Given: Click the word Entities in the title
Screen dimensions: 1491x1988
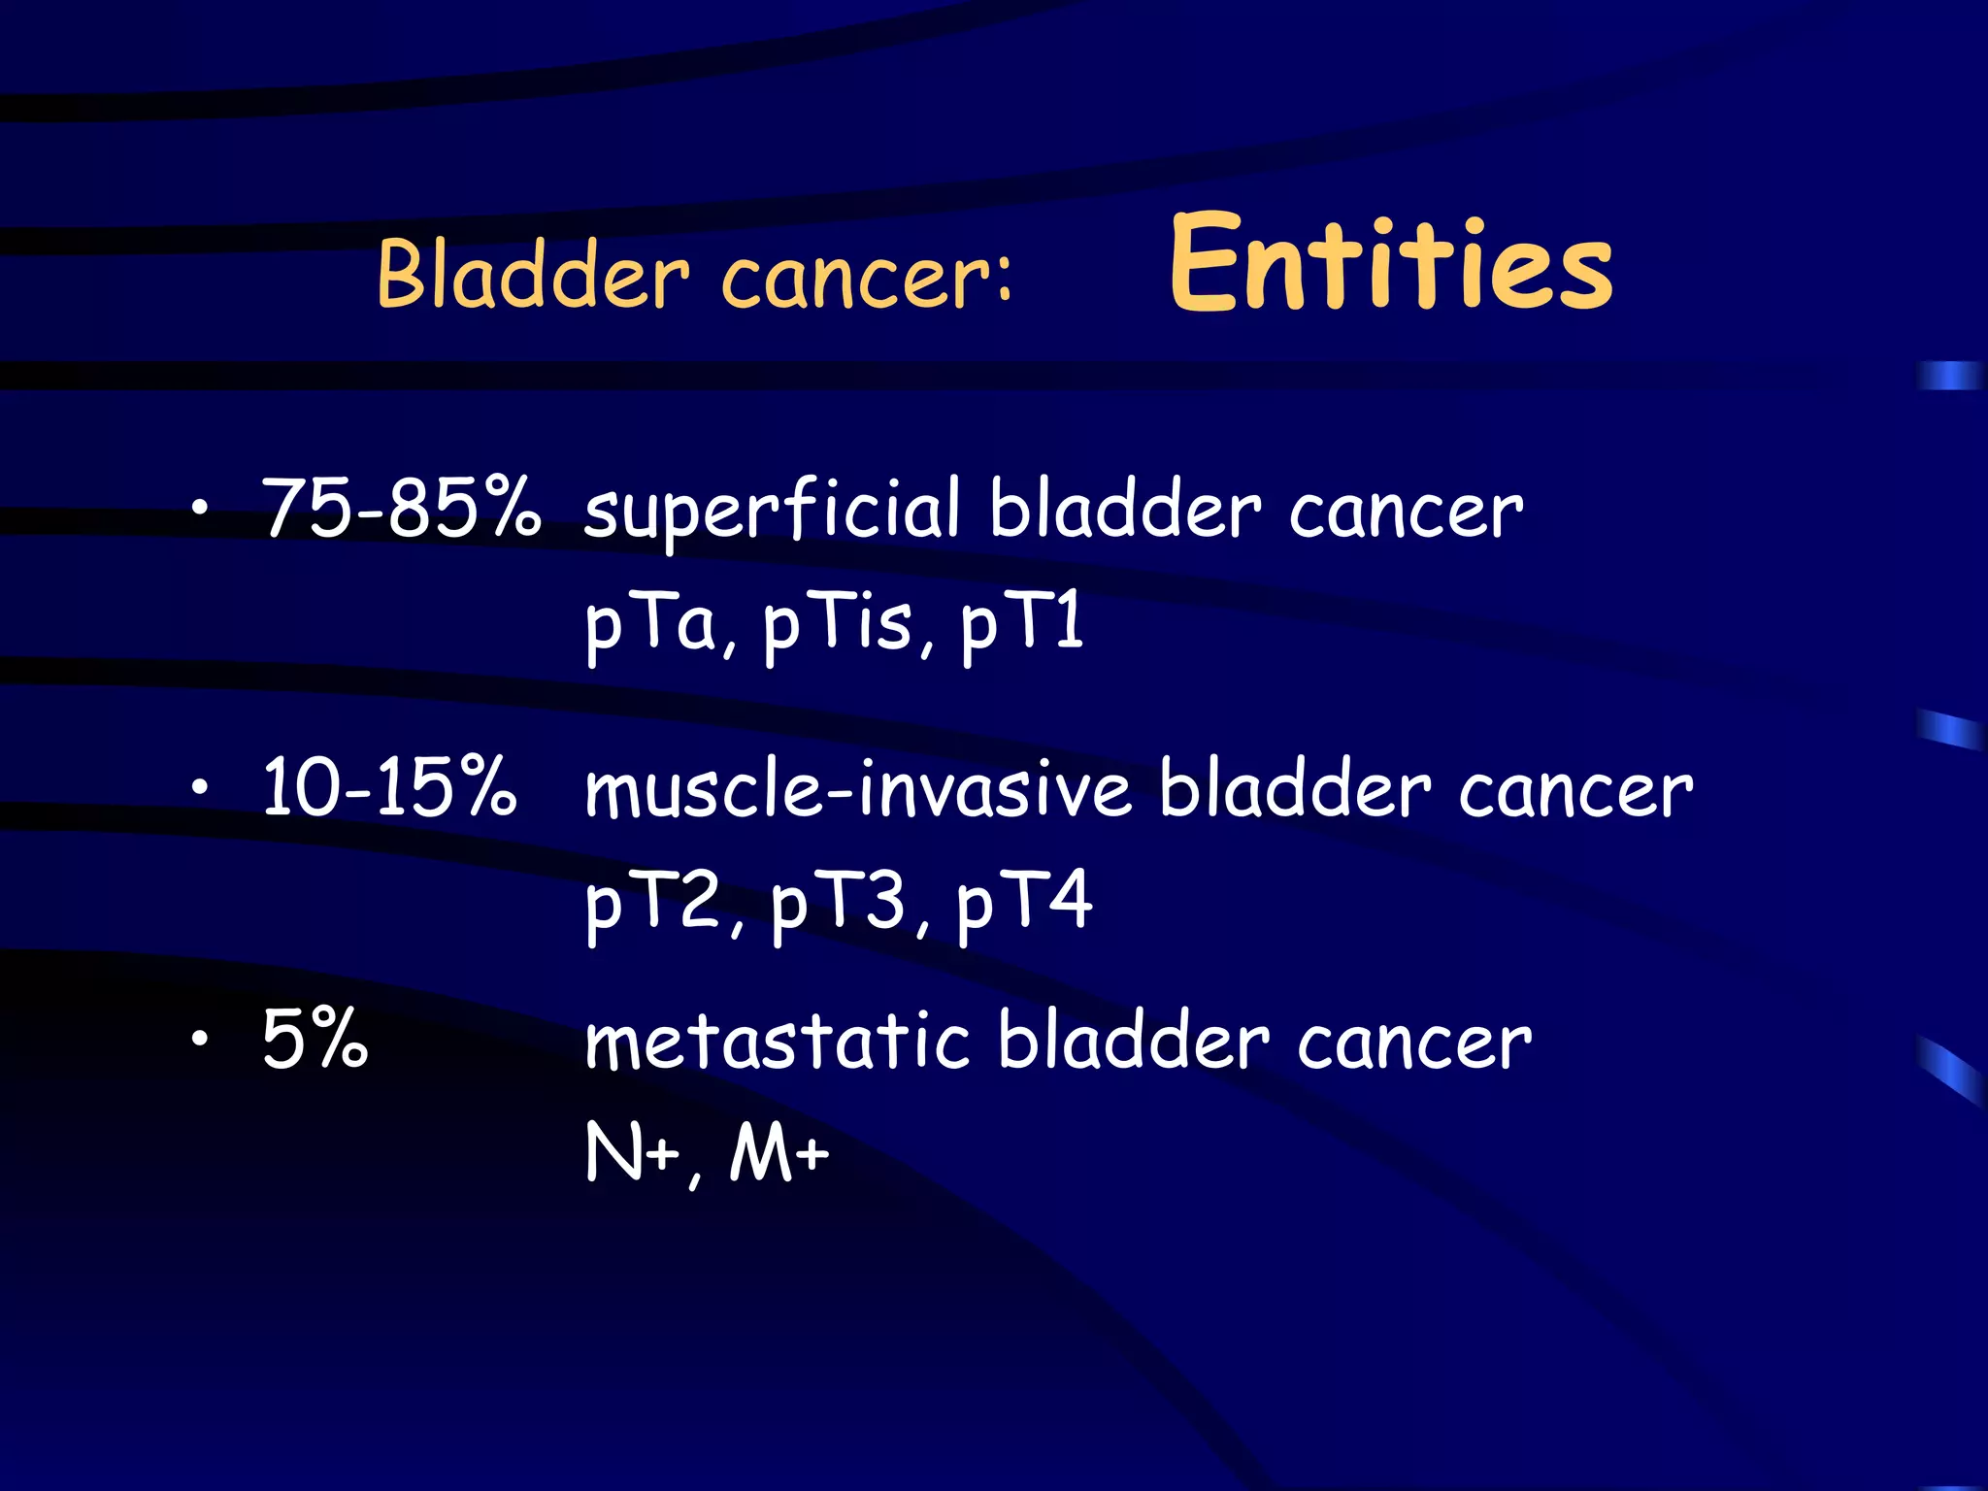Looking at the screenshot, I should pyautogui.click(x=1390, y=264).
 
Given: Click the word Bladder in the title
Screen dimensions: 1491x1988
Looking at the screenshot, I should pyautogui.click(x=533, y=276).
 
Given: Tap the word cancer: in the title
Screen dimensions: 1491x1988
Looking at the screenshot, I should pyautogui.click(x=867, y=280).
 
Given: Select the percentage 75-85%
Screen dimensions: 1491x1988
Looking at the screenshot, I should pyautogui.click(x=401, y=508).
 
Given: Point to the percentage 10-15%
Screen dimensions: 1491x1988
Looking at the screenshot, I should pyautogui.click(x=389, y=786).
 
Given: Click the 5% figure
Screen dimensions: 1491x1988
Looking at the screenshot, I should pyautogui.click(x=315, y=1039).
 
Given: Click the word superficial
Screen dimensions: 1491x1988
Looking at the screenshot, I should pyautogui.click(x=772, y=512).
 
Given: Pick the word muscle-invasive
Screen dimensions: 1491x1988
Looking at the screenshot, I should pyautogui.click(x=857, y=788).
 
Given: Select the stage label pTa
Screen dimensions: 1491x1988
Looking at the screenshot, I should pyautogui.click(x=650, y=624).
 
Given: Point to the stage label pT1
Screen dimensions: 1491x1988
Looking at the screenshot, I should pyautogui.click(x=1022, y=624).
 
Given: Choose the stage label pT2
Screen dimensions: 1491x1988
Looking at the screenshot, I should pyautogui.click(x=654, y=903).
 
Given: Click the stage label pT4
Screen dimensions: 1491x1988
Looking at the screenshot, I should pyautogui.click(x=1024, y=903).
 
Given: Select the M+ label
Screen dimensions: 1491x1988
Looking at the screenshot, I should pyautogui.click(x=779, y=1153).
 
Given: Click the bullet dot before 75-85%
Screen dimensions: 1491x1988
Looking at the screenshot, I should pyautogui.click(x=200, y=508).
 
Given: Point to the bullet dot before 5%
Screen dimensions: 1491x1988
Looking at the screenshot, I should pyautogui.click(x=200, y=1040).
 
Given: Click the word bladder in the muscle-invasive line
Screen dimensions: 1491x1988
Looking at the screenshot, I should pyautogui.click(x=1295, y=788).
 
